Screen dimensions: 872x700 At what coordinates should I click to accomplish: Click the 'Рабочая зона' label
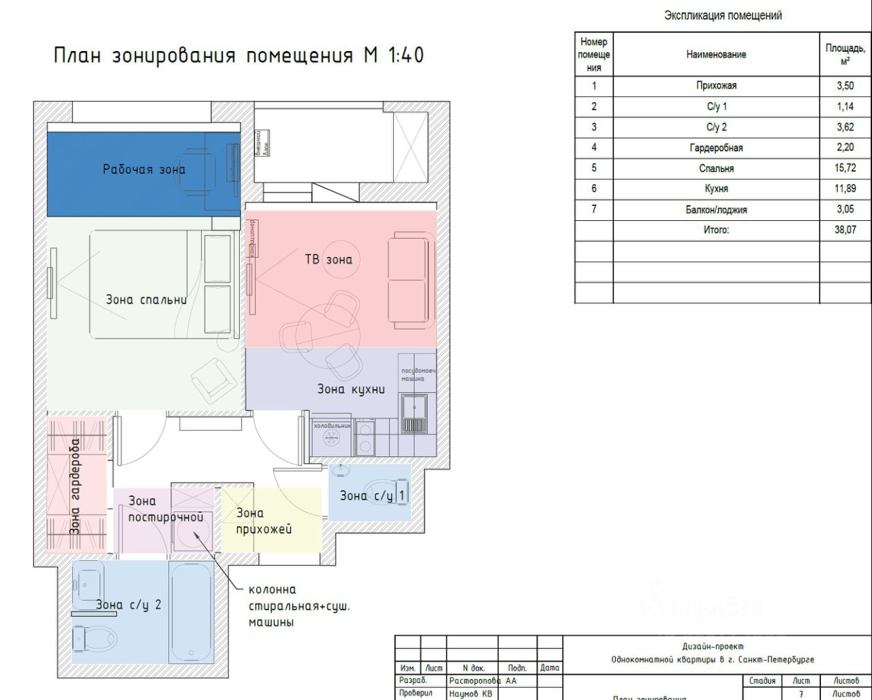point(144,169)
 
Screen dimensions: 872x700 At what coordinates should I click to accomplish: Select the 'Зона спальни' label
point(146,300)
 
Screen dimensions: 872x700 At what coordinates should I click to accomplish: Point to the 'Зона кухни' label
point(351,389)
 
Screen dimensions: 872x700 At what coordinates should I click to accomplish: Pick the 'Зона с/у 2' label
point(129,604)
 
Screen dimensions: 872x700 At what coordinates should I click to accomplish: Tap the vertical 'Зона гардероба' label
point(75,486)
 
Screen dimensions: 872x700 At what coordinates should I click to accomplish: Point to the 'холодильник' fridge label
point(332,425)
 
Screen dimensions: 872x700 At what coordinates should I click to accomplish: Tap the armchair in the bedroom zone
point(213,379)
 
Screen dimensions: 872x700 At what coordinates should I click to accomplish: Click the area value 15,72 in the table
point(845,168)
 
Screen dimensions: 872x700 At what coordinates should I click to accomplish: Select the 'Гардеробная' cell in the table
point(715,148)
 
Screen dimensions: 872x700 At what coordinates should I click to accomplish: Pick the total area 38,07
point(845,230)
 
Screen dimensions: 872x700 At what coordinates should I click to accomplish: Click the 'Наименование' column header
point(715,55)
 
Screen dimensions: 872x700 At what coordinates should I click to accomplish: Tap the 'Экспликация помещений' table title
point(723,16)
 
